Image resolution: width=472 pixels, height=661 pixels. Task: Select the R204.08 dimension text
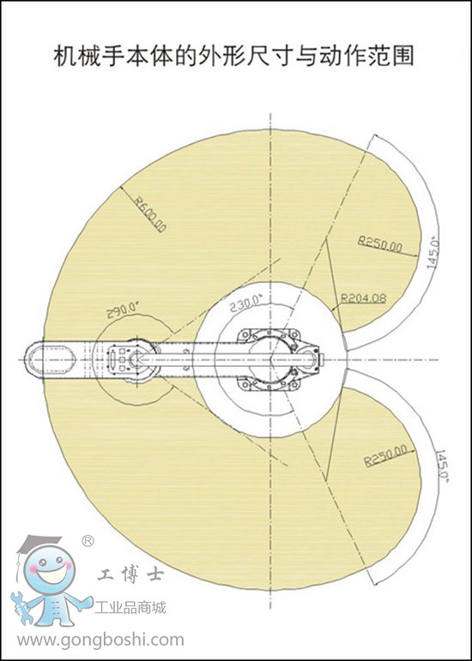[364, 298]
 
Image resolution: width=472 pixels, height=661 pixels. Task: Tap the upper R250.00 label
[380, 243]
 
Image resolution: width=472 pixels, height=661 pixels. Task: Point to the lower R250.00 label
[385, 455]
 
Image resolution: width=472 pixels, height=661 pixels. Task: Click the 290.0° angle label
[123, 310]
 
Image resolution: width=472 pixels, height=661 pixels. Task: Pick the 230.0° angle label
[246, 303]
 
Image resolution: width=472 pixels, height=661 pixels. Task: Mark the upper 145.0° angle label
[433, 255]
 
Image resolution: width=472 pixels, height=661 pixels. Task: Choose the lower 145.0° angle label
[442, 466]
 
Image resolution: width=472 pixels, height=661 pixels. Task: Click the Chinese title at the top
[233, 56]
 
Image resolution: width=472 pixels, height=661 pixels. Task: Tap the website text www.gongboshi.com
[100, 640]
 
